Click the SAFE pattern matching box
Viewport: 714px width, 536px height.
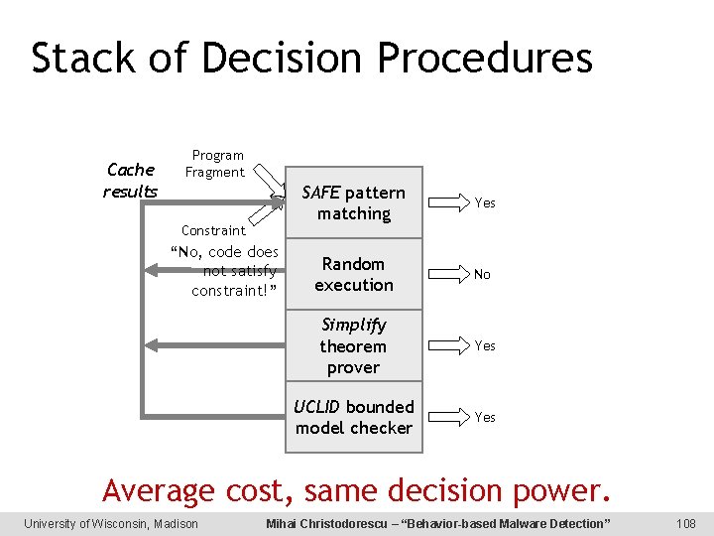pos(354,202)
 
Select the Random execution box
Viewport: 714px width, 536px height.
pos(354,274)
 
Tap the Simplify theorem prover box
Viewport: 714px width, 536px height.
pos(354,345)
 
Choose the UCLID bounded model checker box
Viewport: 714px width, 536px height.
pos(354,417)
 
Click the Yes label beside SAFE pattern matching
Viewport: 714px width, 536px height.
pos(485,202)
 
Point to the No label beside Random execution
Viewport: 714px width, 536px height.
pos(482,274)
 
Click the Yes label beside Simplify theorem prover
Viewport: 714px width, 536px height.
pos(485,345)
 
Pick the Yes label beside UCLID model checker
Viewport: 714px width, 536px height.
pos(485,417)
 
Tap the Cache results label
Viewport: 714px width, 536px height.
pos(130,180)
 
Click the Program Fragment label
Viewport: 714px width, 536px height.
pos(216,164)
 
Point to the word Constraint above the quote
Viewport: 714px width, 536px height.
pos(213,230)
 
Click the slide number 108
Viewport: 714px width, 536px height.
pos(684,523)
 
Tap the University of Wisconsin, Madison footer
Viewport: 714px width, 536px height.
pos(111,523)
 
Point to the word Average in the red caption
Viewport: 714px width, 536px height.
pos(159,489)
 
